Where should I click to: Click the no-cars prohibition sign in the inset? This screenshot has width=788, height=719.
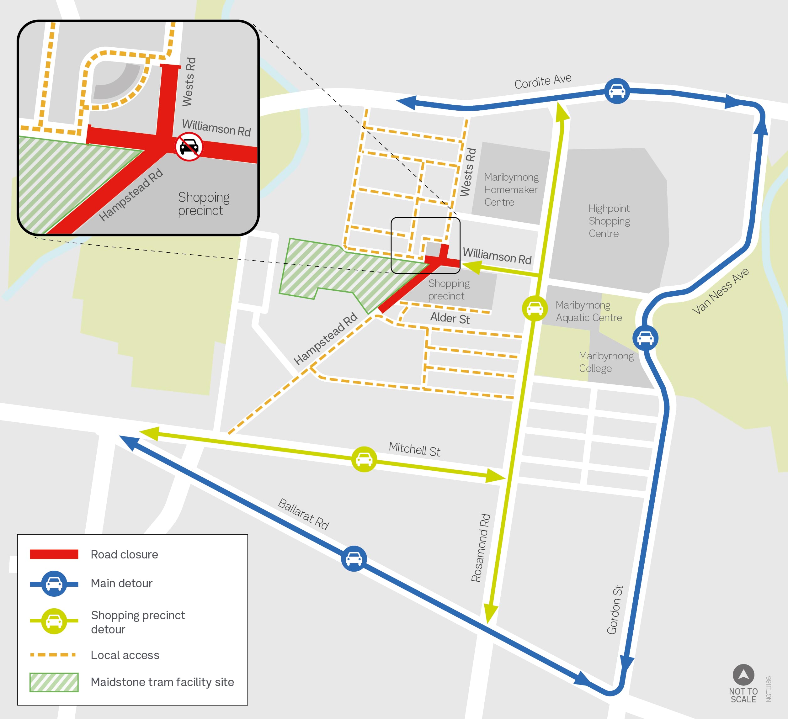tap(189, 146)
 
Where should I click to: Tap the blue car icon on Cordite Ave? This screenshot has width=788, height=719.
tap(617, 91)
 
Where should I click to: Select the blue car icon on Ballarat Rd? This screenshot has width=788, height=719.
tap(354, 558)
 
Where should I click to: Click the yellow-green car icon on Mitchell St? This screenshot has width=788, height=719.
tap(364, 459)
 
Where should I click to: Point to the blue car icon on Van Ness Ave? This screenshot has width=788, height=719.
tap(645, 338)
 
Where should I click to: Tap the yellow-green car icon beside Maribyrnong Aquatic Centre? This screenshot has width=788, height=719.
tap(535, 309)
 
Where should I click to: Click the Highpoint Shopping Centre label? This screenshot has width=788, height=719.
tap(609, 221)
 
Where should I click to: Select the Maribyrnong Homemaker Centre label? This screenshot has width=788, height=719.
tap(511, 189)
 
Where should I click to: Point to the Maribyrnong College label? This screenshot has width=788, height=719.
tap(606, 362)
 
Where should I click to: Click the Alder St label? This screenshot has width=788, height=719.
tap(450, 318)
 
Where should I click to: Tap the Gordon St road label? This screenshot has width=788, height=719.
tap(615, 610)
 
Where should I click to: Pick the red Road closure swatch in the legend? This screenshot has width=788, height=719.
tap(54, 554)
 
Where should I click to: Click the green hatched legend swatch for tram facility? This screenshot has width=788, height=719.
tap(54, 682)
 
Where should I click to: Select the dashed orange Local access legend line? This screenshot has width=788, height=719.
tap(53, 654)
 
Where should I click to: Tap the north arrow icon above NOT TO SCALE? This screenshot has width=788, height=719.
tap(743, 674)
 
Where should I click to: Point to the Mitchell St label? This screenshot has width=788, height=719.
tap(414, 449)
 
